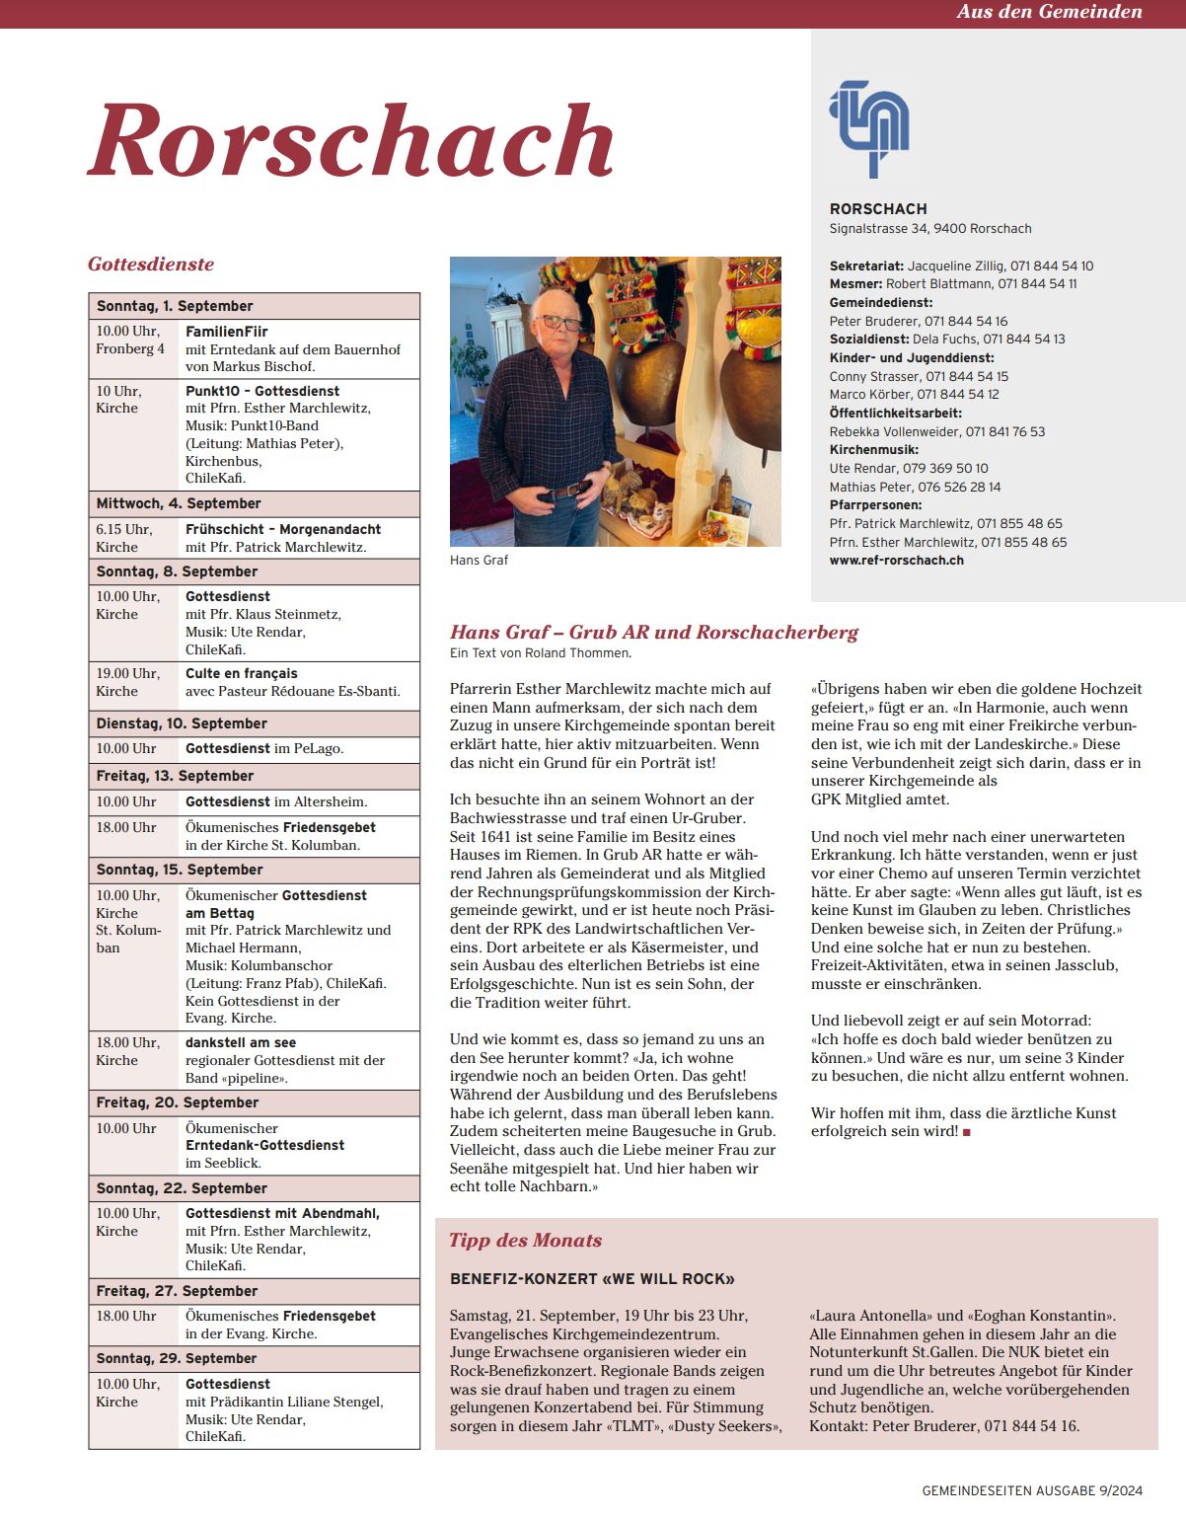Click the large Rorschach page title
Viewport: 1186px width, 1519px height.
click(x=351, y=140)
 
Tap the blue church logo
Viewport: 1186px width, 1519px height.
click(x=869, y=128)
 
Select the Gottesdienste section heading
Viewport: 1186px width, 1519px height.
click(x=151, y=265)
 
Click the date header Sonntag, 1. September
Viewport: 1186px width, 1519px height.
click(x=175, y=306)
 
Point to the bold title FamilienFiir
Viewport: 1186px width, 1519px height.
click(x=227, y=332)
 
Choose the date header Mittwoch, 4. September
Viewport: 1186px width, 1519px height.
click(x=179, y=503)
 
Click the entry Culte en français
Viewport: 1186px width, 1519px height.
click(x=242, y=673)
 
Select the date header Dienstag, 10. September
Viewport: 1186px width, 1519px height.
click(x=182, y=723)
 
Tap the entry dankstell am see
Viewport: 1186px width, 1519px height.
click(x=241, y=1042)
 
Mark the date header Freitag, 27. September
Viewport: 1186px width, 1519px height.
click(x=177, y=1291)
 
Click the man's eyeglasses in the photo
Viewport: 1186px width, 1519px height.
click(x=561, y=323)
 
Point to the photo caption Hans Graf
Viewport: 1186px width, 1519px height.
click(x=479, y=560)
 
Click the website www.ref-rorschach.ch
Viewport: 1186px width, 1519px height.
click(x=896, y=560)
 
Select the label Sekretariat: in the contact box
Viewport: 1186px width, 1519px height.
click(x=866, y=266)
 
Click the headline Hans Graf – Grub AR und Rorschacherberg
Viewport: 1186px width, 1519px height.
click(x=654, y=632)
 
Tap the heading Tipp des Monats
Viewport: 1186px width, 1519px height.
click(x=525, y=1241)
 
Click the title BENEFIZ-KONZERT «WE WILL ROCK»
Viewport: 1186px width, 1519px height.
click(x=592, y=1279)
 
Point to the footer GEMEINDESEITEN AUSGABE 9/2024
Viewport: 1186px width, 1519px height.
click(x=1032, y=1490)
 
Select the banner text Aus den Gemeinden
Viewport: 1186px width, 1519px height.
click(x=1049, y=12)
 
